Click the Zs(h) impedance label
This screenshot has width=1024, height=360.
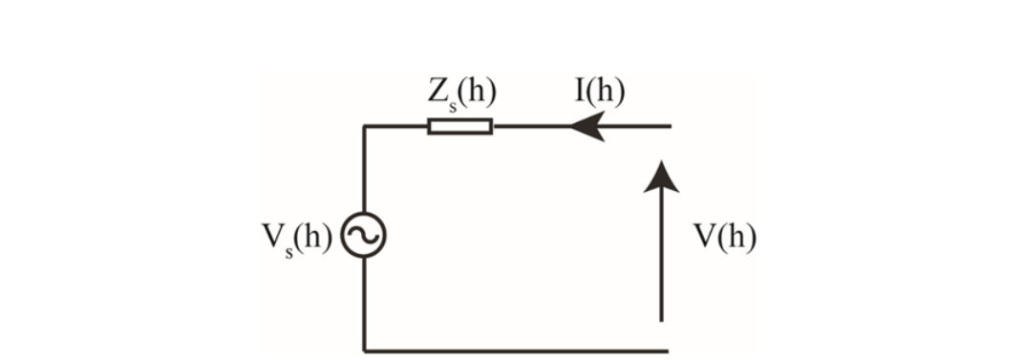tap(461, 95)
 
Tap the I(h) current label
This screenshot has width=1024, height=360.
tap(600, 94)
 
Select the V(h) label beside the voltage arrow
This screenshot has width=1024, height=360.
tap(724, 238)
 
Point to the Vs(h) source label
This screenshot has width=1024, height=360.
tap(297, 240)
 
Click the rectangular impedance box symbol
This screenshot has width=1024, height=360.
tap(459, 126)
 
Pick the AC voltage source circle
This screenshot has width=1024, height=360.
tap(364, 235)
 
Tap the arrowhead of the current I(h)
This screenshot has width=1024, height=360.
tap(587, 126)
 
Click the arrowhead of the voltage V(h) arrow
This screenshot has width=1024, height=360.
tap(661, 177)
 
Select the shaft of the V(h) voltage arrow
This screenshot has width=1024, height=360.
tap(661, 255)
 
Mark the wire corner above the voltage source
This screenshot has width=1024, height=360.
tap(364, 126)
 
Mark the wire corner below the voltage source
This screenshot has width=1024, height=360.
tap(364, 350)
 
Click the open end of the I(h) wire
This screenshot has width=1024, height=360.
tap(670, 126)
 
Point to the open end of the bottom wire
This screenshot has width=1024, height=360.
tap(668, 350)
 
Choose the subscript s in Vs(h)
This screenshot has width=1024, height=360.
tap(288, 252)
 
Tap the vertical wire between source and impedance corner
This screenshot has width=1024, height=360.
tap(364, 170)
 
